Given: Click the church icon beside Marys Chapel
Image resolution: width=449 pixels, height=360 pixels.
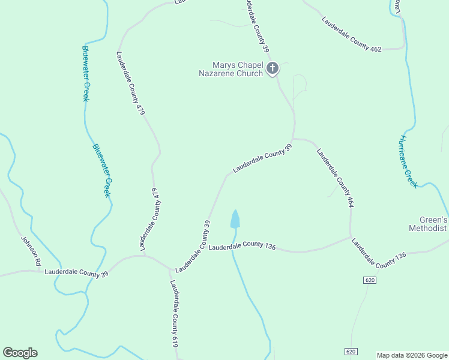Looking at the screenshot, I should (x=273, y=68).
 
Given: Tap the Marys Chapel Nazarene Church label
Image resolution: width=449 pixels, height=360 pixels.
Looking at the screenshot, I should (x=231, y=69).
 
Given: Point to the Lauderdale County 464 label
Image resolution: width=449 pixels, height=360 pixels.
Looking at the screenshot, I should (x=334, y=178).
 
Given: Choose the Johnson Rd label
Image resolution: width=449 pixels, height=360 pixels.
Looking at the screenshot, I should (x=31, y=250).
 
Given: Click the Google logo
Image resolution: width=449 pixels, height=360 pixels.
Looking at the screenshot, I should (x=20, y=353).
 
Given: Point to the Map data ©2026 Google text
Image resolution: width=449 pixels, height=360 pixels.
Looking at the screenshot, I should (x=411, y=355).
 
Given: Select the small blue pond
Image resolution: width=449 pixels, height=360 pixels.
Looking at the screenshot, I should (x=235, y=220).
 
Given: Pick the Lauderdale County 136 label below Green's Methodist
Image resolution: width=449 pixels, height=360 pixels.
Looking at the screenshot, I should (x=379, y=253).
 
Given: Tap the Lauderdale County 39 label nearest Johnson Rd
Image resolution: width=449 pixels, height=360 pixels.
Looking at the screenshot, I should (x=76, y=272).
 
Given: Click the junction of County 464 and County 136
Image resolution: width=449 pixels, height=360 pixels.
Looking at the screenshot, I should (x=351, y=237).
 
